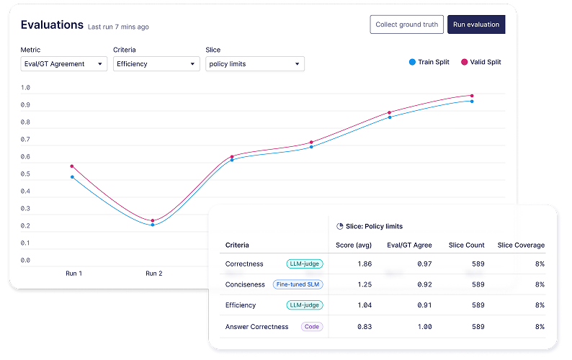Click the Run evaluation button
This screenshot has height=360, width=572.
pos(476,24)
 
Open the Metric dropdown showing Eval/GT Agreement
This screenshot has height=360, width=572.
pos(64,64)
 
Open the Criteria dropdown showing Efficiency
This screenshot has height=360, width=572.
pos(156,64)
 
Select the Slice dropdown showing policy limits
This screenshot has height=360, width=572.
pos(255,64)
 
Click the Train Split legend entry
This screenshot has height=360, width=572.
pos(429,62)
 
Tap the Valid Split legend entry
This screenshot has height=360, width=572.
pos(481,62)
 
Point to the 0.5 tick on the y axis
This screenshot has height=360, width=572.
pos(25,174)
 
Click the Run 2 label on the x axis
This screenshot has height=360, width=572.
pos(154,274)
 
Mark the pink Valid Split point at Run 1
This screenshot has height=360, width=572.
pos(72,166)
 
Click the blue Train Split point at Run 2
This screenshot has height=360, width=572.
pos(153,225)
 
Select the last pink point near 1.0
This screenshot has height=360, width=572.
pos(472,96)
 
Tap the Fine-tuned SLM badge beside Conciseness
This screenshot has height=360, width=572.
pos(298,284)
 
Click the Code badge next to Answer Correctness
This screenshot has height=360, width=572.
pos(312,327)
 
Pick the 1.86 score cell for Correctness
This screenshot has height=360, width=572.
pos(365,264)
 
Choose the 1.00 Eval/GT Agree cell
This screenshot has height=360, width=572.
pos(424,327)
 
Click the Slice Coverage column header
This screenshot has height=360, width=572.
pos(521,245)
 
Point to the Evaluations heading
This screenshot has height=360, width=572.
pos(52,24)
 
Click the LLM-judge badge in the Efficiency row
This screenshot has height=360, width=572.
pos(305,305)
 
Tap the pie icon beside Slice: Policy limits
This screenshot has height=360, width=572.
pos(339,226)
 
